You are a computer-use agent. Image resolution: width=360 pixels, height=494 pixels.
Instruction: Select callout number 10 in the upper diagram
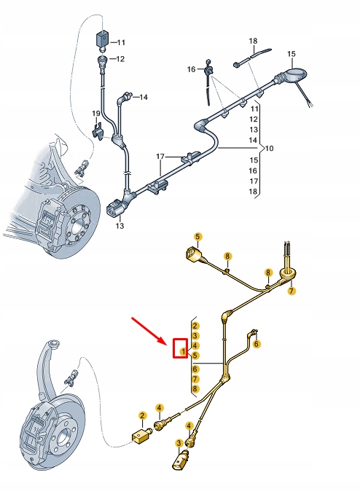pos(269,149)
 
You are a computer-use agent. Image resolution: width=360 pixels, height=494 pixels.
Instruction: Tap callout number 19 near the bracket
pos(96,114)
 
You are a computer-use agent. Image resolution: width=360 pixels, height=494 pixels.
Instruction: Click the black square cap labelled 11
pos(102,39)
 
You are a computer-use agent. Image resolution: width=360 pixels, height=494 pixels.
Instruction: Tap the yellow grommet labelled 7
pos(283,276)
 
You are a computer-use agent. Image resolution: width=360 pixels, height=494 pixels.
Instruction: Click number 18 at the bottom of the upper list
pos(254,191)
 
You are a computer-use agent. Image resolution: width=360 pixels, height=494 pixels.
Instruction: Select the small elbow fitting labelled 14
pos(128,95)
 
